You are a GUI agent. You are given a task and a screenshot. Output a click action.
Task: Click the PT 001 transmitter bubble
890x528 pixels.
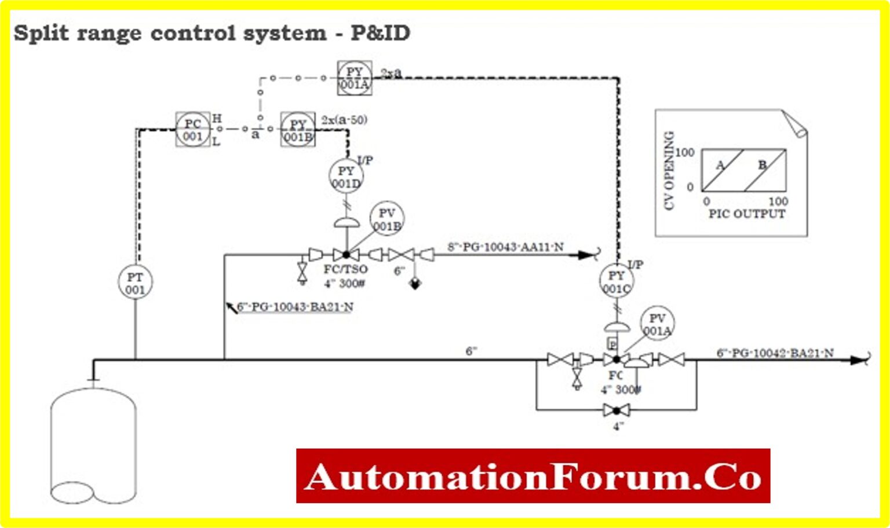coord(135,283)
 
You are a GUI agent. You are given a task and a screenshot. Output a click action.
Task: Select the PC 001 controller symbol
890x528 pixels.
coord(192,130)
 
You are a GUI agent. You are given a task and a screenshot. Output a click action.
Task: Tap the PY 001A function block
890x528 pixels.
coord(354,78)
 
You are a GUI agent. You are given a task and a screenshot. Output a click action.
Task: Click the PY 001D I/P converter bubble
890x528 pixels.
coord(346,177)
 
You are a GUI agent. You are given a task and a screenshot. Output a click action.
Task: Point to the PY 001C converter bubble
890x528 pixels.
coord(617,281)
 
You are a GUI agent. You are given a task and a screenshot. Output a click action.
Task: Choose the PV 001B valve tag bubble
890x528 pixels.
coord(386,219)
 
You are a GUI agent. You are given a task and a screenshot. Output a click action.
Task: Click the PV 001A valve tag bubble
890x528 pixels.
coord(657,324)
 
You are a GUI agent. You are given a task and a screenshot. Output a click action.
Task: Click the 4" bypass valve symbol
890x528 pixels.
coord(616,410)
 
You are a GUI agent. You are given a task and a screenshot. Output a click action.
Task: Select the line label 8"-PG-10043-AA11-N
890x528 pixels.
coord(505,247)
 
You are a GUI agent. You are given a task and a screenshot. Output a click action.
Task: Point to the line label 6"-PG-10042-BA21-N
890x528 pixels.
coord(775,353)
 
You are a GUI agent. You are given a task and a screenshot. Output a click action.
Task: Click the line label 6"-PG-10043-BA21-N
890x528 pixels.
coord(295,307)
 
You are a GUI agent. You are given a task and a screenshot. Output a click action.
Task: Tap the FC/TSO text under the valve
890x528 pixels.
coord(345,269)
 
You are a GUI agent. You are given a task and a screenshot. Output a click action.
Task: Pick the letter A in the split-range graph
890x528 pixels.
coord(720,165)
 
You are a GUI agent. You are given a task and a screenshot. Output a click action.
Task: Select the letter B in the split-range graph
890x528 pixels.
coord(763,165)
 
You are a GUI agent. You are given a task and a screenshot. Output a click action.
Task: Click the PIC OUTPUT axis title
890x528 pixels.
coord(746,214)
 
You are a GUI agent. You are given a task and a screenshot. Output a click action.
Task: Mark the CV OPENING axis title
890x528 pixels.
coord(669,170)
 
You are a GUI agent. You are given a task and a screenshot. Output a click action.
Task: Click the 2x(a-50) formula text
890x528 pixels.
coord(344,120)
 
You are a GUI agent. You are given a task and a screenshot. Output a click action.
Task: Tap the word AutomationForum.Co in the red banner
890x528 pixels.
coord(533,476)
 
